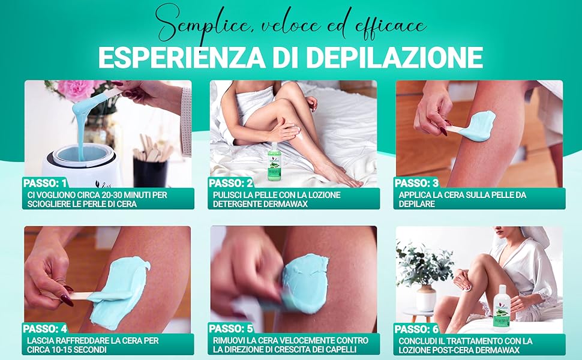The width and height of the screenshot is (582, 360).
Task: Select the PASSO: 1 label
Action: point(45,182)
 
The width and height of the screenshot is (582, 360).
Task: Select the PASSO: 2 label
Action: point(231,182)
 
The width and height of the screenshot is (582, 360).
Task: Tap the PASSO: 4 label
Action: point(45,328)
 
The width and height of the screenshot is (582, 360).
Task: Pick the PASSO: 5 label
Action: point(231,328)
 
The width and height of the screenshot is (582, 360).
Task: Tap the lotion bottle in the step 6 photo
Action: point(501,308)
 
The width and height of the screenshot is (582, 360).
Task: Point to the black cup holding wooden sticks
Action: point(149,171)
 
